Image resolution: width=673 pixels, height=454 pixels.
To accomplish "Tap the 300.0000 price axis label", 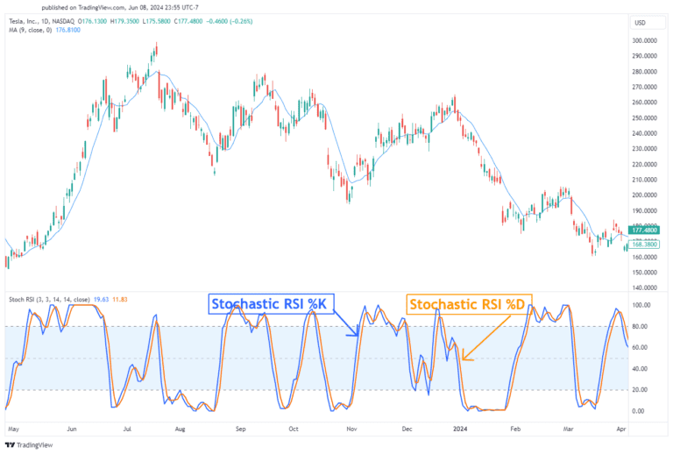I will click(x=645, y=40).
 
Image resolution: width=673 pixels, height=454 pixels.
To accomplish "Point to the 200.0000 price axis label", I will click(x=645, y=195).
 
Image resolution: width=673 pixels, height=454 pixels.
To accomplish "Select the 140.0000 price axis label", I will click(x=645, y=288).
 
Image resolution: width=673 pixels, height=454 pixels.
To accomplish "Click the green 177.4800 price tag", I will click(x=645, y=230).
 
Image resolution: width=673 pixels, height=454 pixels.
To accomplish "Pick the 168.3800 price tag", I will click(x=645, y=245).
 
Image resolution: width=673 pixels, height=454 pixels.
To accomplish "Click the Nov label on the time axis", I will click(x=350, y=430).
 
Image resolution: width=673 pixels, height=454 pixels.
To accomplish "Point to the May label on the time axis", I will click(x=12, y=430).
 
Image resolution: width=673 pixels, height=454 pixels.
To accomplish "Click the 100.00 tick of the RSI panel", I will click(x=641, y=306).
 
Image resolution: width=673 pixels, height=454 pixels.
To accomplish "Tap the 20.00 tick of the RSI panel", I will click(x=641, y=390).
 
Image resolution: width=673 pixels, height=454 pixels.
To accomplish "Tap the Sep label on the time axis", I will click(x=239, y=430).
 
